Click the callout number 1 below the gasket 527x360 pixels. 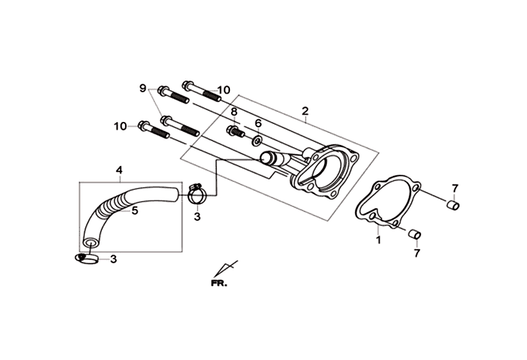pos(379,240)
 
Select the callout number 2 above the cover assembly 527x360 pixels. pos(305,111)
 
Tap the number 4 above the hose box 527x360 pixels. pos(119,170)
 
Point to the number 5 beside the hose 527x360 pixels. pos(135,211)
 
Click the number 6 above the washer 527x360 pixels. pos(258,123)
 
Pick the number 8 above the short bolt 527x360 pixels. pos(234,112)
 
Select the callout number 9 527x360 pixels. pos(143,88)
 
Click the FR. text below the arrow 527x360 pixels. pos(219,284)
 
